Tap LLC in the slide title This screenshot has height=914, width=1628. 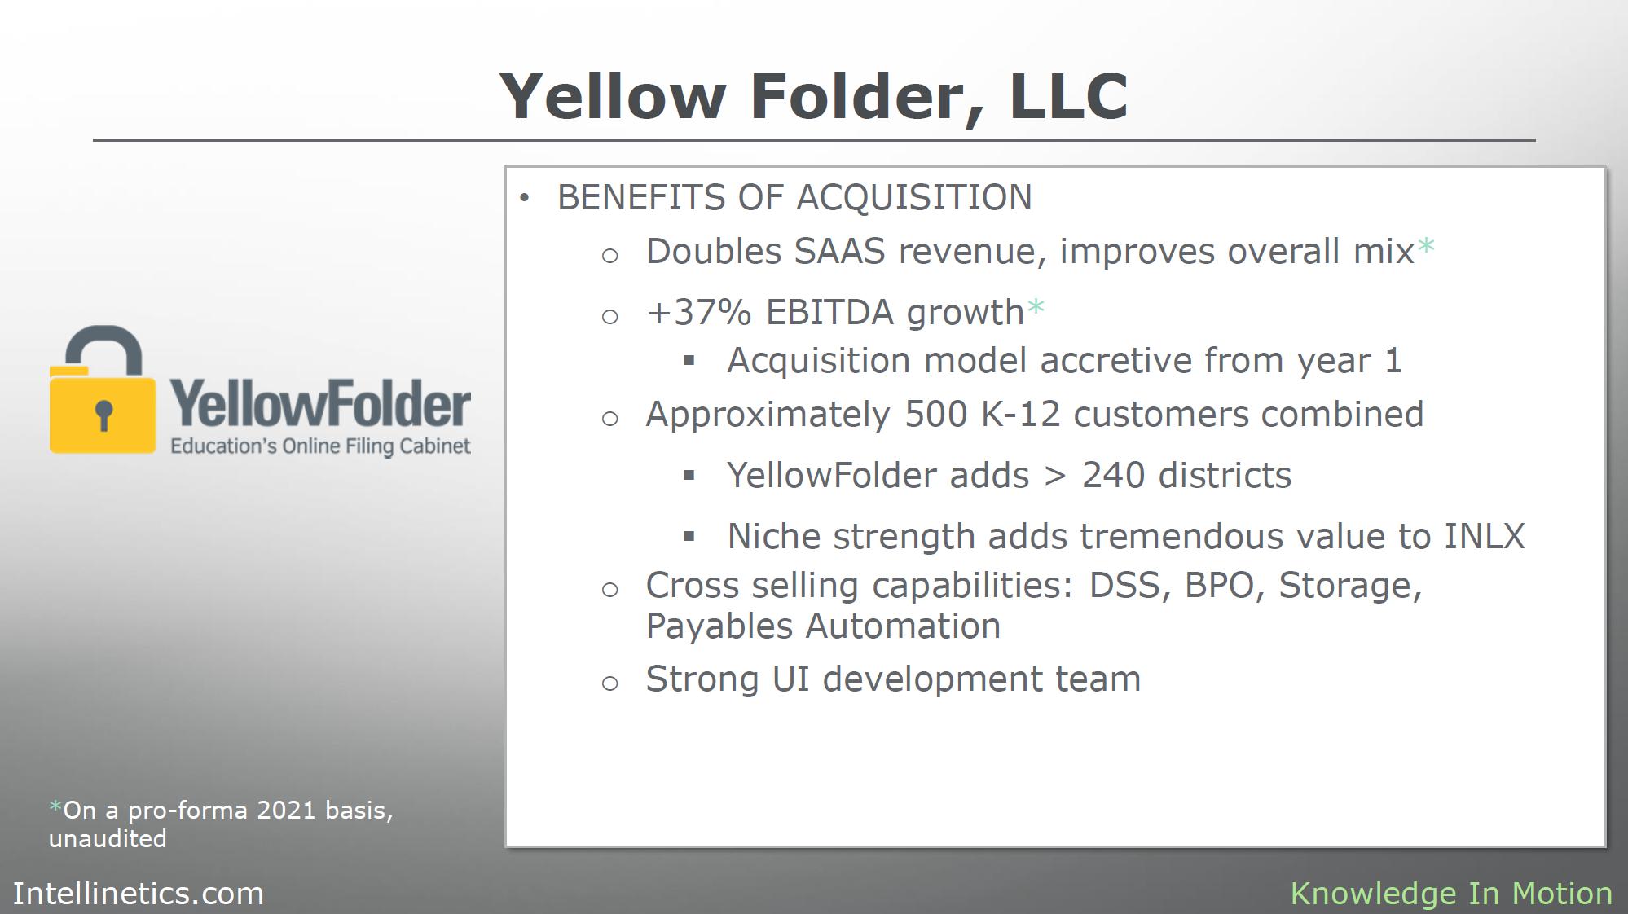[1068, 96]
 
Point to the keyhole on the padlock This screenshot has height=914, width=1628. [103, 414]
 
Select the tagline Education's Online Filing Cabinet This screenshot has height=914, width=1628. [320, 446]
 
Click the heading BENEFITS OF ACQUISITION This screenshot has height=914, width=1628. [794, 197]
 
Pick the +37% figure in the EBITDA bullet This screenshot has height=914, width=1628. [699, 313]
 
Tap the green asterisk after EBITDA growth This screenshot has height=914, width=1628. [1036, 308]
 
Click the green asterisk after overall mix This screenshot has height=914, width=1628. [1426, 247]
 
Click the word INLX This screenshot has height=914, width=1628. [1485, 537]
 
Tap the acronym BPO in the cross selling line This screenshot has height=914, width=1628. [1219, 586]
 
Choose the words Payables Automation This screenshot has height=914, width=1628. [823, 626]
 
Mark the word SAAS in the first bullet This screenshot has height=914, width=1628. [839, 252]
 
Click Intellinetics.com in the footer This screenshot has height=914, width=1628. [139, 894]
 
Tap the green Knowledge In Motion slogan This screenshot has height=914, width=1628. [1451, 894]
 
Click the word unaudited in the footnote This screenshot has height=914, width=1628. [108, 839]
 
